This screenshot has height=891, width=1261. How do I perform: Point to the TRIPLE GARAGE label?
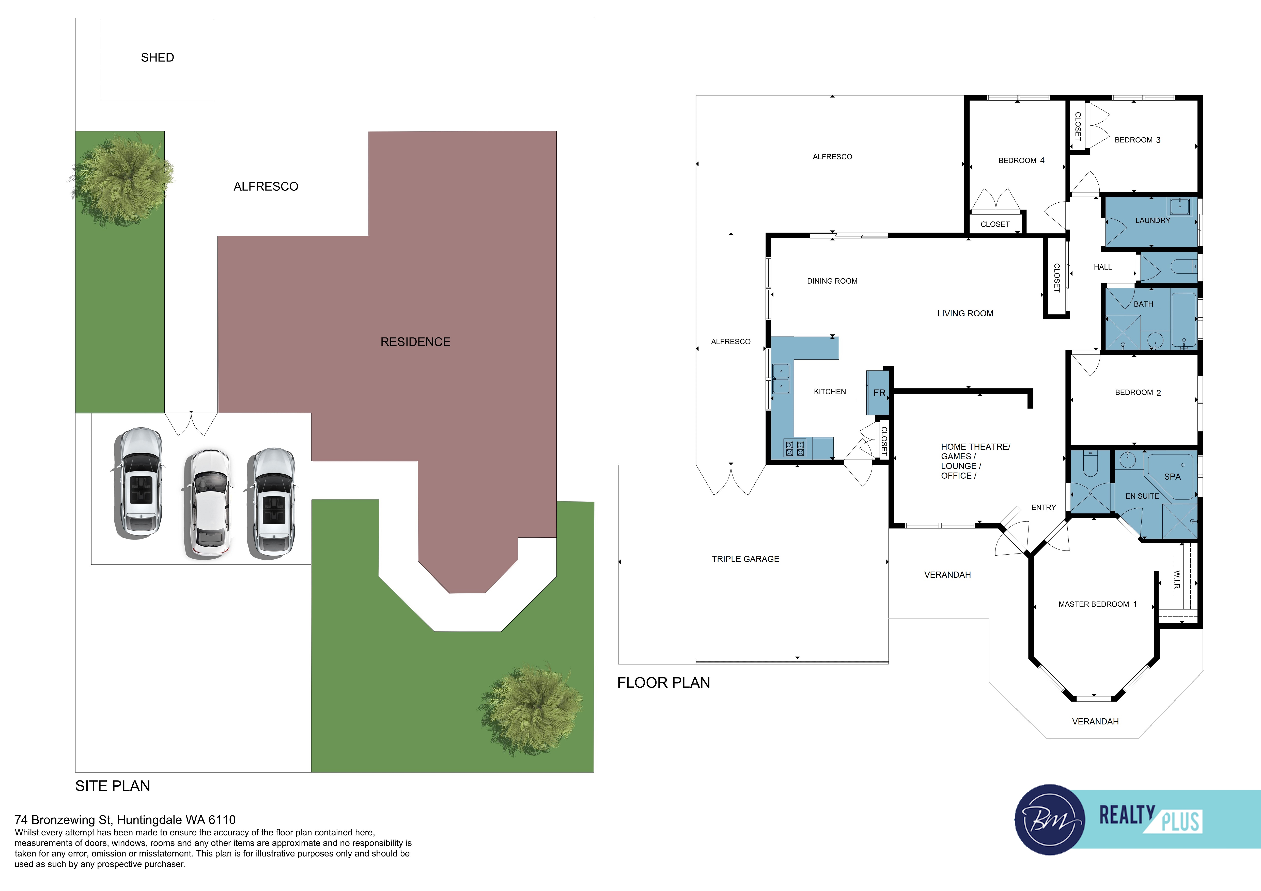745,559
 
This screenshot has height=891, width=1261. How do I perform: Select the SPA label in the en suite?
1172,477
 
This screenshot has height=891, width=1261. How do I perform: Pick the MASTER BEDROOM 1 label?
1097,604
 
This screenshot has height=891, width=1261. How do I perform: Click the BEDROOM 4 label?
1021,160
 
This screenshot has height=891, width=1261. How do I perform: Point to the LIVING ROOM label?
965,314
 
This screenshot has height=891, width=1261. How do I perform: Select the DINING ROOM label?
832,281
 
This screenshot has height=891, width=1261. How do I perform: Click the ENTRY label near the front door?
1044,507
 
